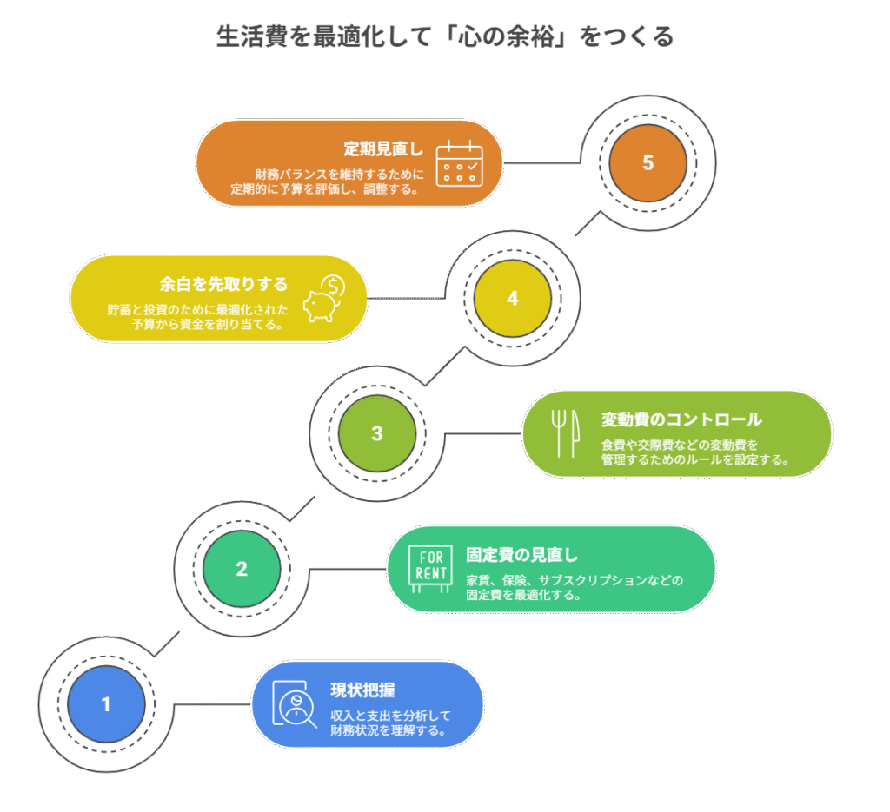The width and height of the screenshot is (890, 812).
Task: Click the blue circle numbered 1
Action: [106, 704]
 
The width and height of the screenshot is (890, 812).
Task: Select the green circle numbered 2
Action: [242, 569]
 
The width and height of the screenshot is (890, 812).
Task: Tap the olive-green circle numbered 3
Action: [376, 433]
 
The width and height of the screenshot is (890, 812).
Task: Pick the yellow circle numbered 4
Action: [512, 298]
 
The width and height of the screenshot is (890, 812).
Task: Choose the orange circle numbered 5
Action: [648, 162]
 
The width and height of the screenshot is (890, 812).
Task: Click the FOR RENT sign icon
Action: [429, 569]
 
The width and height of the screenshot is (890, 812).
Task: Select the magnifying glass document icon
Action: [294, 704]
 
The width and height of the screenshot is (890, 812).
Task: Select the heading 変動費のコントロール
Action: [681, 419]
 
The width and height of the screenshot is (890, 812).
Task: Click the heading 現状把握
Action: [363, 690]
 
